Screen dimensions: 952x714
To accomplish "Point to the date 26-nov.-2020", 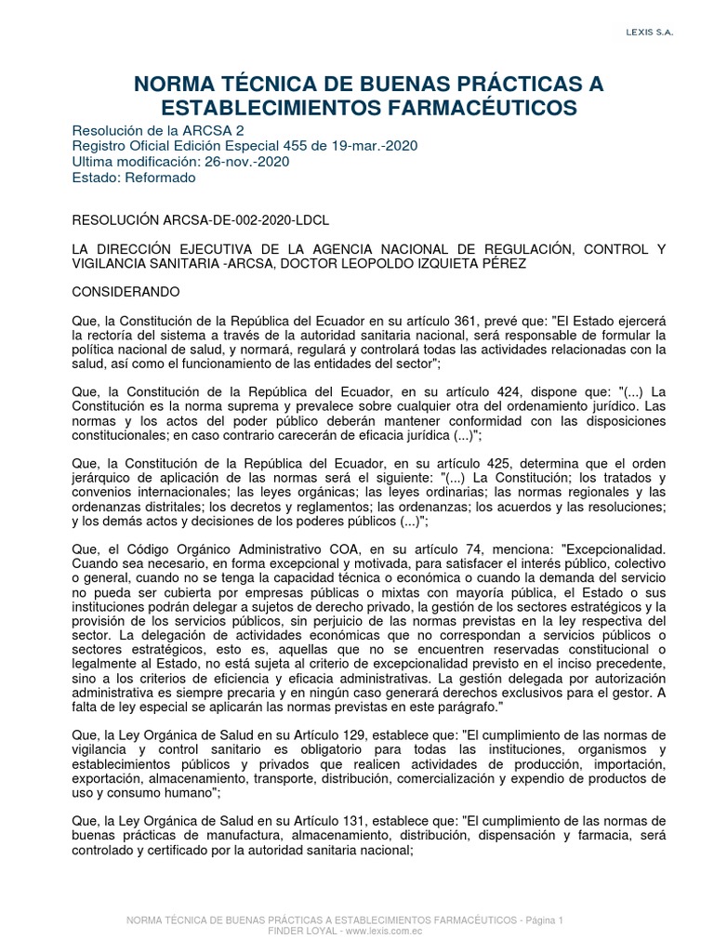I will [x=245, y=161].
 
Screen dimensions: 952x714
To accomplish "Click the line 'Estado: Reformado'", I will [x=134, y=177].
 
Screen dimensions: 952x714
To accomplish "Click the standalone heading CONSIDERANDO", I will [x=126, y=291].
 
